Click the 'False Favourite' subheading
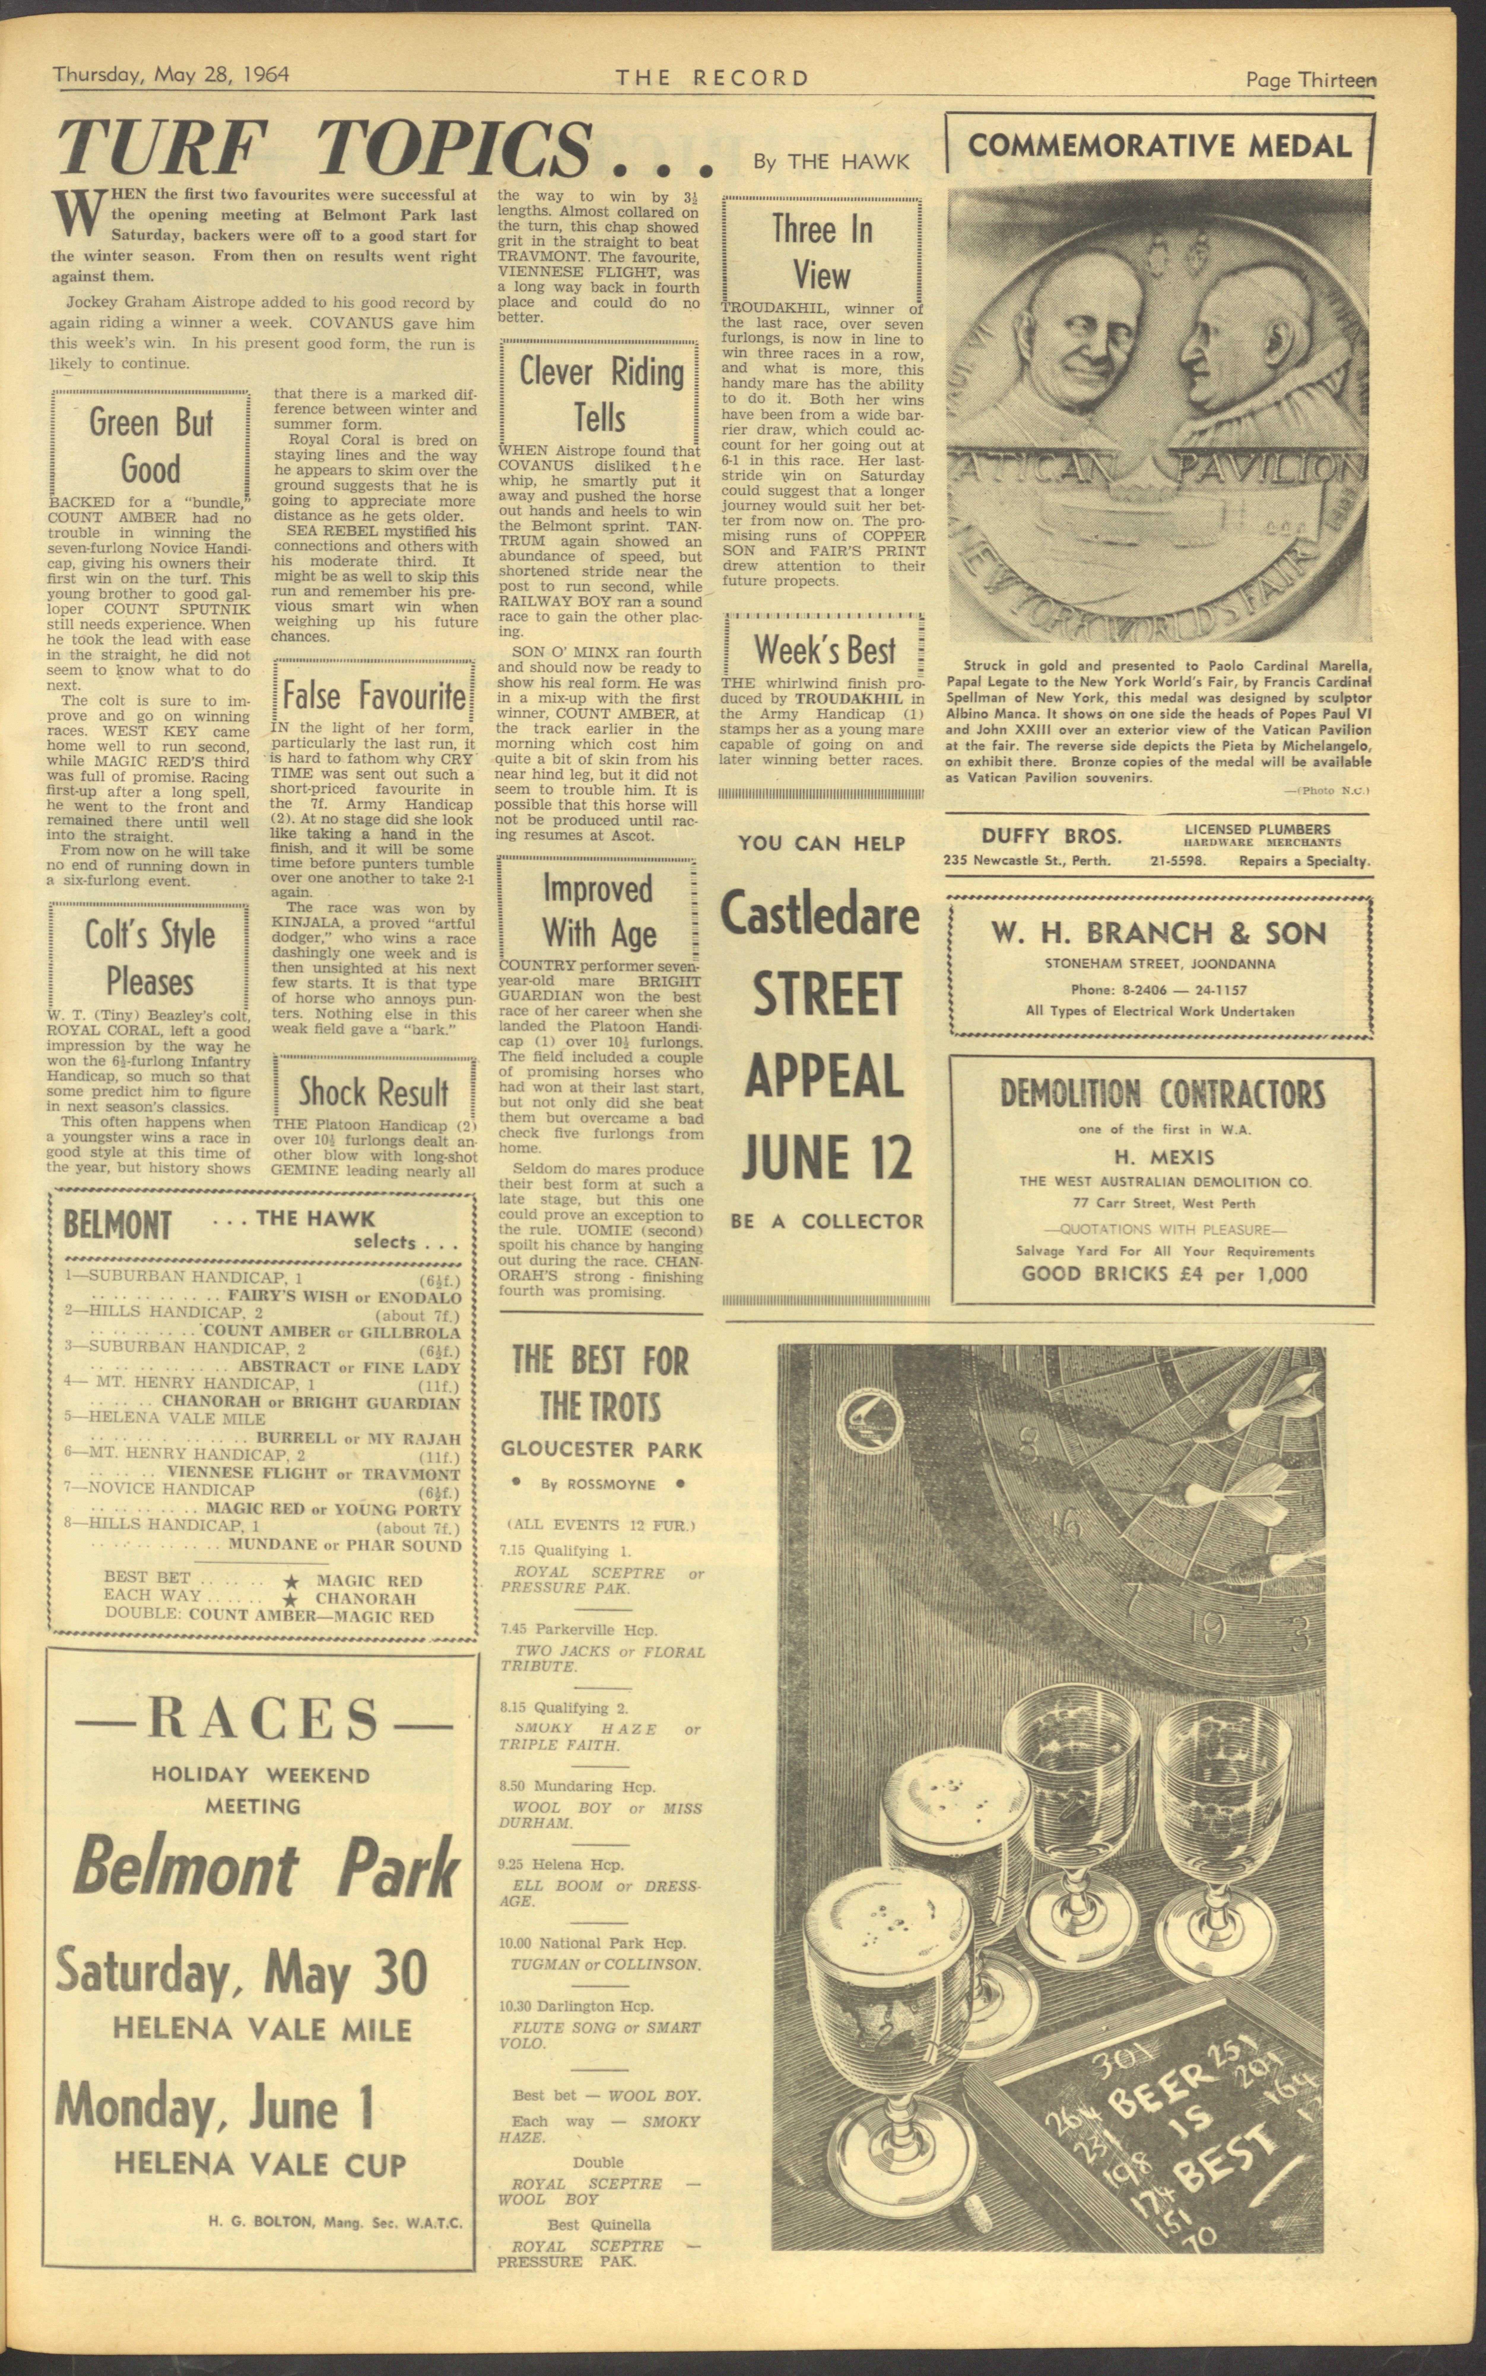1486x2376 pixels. click(x=374, y=696)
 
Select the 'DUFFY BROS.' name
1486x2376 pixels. click(x=1051, y=837)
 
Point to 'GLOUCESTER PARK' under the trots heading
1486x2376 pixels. click(x=601, y=1449)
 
